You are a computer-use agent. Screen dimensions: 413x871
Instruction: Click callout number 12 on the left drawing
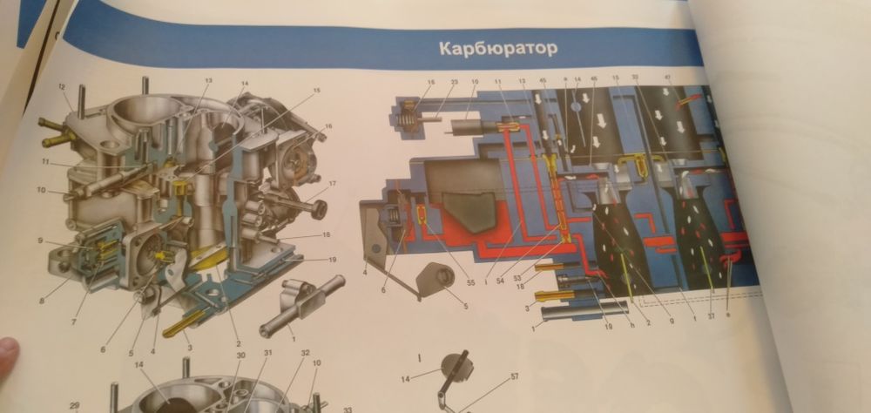pyautogui.click(x=62, y=86)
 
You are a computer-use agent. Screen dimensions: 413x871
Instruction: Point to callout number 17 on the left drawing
pyautogui.click(x=333, y=183)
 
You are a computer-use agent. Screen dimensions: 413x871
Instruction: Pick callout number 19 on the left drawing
pyautogui.click(x=333, y=260)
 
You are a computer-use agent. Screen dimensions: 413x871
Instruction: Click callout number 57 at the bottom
pyautogui.click(x=515, y=376)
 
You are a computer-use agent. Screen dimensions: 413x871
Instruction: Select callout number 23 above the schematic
pyautogui.click(x=454, y=84)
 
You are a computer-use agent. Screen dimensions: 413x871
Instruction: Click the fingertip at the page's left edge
pyautogui.click(x=7, y=353)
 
